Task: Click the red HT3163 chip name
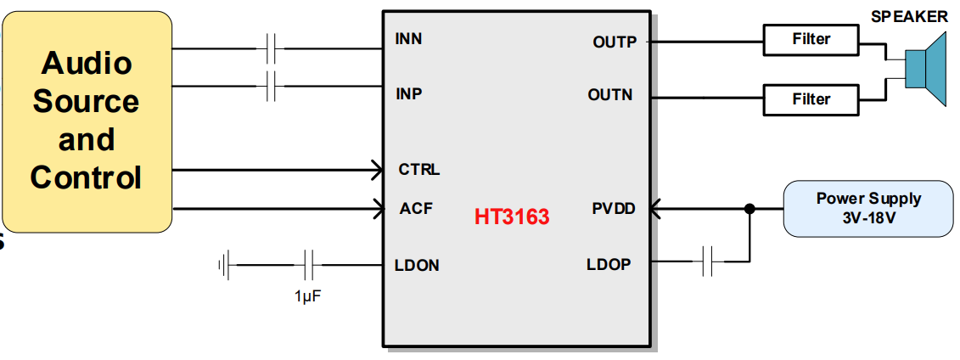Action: [512, 217]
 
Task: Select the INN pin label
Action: [408, 39]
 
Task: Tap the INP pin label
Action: [408, 93]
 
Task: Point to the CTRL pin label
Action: [419, 170]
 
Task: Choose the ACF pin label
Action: [416, 209]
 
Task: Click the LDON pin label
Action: [418, 266]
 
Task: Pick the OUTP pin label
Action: [614, 42]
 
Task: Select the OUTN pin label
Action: [610, 95]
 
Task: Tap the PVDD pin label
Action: [613, 209]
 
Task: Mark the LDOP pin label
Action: [609, 265]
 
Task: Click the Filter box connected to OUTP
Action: [811, 39]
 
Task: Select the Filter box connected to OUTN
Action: [811, 99]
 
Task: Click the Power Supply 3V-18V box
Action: [867, 209]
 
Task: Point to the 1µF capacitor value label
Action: [309, 297]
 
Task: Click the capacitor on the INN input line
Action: [272, 49]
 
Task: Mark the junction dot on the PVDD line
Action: [749, 209]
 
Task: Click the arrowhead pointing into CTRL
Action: [375, 170]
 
